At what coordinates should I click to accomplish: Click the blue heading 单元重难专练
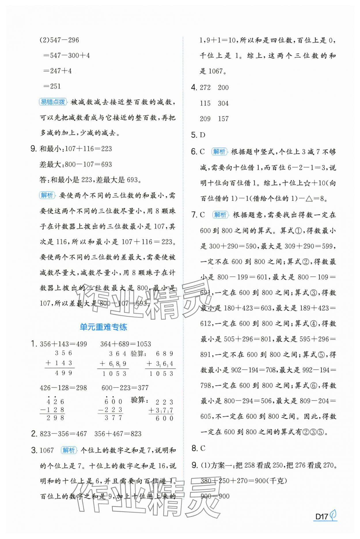[x=103, y=327]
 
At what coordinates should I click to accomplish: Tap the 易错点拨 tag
[x=52, y=102]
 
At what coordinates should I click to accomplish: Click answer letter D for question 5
[x=202, y=135]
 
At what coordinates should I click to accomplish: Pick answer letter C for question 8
[x=202, y=448]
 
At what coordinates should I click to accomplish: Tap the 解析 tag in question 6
[x=219, y=152]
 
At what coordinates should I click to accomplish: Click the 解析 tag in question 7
[x=220, y=215]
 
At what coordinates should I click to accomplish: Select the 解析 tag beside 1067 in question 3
[x=69, y=450]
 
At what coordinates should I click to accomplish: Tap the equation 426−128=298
[x=63, y=388]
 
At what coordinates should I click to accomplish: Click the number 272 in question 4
[x=205, y=88]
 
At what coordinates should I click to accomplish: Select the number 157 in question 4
[x=223, y=119]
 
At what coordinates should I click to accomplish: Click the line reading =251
[x=52, y=86]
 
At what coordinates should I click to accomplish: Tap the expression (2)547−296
[x=59, y=40]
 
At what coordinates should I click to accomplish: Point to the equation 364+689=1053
[x=126, y=344]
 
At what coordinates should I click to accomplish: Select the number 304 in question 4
[x=223, y=103]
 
